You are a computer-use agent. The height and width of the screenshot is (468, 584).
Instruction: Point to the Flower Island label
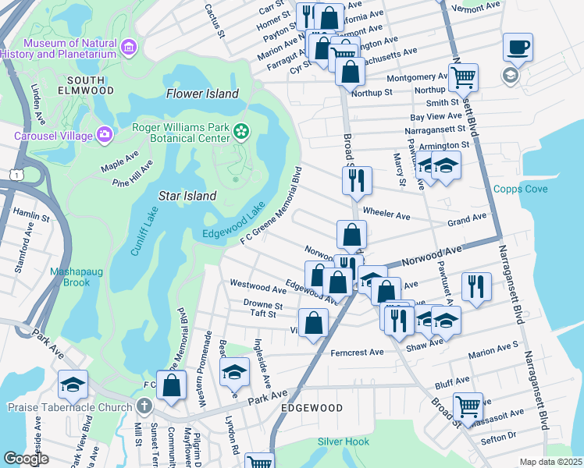[202, 94]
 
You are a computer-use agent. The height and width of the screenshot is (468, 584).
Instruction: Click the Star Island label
[187, 196]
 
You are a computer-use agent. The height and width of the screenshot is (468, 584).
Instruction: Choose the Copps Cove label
[520, 190]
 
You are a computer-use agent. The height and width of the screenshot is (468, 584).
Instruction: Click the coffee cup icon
[518, 48]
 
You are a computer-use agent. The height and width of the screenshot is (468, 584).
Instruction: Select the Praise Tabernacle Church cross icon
[144, 406]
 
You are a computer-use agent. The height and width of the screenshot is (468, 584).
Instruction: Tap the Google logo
[26, 459]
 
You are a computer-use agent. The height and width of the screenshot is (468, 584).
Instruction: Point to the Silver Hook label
[344, 441]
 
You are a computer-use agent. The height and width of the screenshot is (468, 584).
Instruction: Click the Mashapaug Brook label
[70, 277]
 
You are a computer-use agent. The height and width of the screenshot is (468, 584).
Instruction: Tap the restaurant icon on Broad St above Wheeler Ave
[356, 181]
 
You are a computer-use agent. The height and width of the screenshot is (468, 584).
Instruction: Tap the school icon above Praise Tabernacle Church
[73, 385]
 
